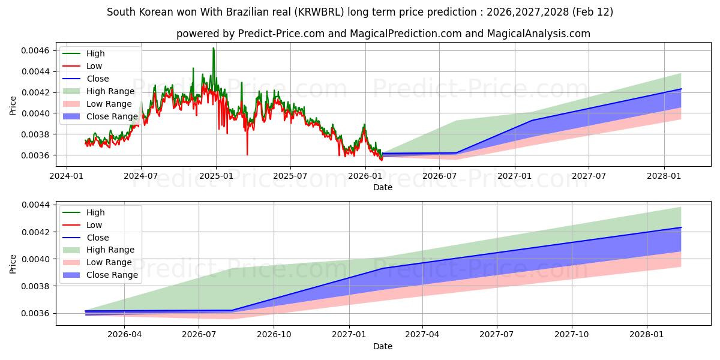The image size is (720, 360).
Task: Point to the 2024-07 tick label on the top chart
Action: [x=141, y=175]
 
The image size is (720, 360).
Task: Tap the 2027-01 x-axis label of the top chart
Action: [x=515, y=175]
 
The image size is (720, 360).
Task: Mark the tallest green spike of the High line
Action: [x=213, y=48]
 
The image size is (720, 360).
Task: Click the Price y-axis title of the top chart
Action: [x=13, y=106]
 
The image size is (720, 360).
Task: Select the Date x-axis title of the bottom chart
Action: [x=383, y=346]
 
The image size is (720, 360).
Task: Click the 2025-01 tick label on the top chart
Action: [x=215, y=175]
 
